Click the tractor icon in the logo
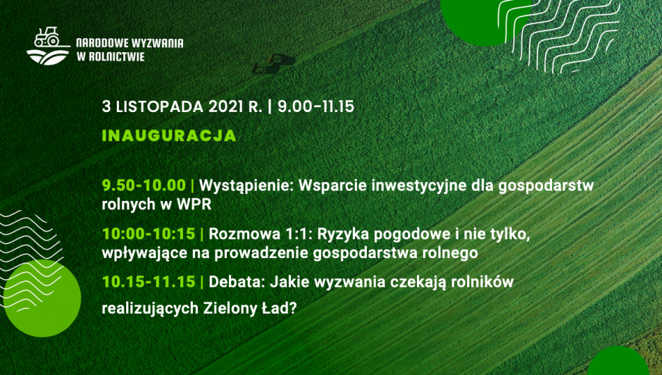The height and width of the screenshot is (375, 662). click(46, 37)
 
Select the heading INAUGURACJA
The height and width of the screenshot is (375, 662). click(169, 136)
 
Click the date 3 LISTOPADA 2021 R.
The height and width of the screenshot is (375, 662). click(182, 106)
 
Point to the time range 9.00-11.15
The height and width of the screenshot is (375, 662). click(316, 106)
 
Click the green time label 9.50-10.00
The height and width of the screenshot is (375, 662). click(144, 185)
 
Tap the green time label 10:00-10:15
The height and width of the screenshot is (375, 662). click(149, 233)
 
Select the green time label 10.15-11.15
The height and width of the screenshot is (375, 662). click(149, 281)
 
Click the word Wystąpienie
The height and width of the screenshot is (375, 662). click(246, 186)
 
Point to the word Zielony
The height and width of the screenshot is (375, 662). click(227, 309)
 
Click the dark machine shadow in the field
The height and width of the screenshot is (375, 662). click(273, 63)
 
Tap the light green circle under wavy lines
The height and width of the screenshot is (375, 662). click(42, 298)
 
